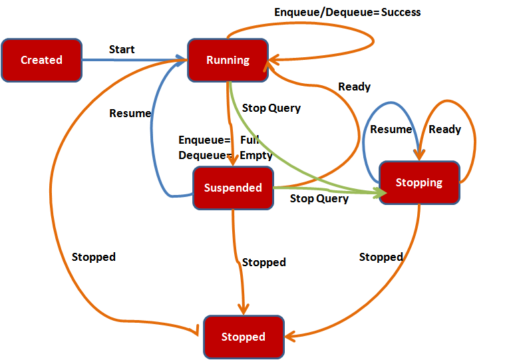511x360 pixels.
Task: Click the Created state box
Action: coord(42,60)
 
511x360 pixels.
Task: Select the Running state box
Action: coord(228,60)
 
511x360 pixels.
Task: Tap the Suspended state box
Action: coord(233,188)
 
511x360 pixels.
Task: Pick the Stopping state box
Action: coord(419,182)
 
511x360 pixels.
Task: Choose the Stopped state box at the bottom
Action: coord(244,337)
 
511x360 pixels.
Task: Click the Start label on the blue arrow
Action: coord(122,49)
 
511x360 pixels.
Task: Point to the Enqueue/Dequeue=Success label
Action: coord(347,13)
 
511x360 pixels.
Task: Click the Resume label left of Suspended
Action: coord(130,113)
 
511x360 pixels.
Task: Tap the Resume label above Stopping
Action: coord(391,129)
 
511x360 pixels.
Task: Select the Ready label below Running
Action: coord(354,87)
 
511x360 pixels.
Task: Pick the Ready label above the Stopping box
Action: coord(444,129)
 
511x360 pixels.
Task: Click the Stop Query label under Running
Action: coord(271,108)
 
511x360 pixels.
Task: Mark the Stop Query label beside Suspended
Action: coord(319,198)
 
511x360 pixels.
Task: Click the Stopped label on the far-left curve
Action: coord(94,257)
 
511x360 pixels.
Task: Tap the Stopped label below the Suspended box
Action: coord(264,262)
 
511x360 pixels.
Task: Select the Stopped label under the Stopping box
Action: coord(381,257)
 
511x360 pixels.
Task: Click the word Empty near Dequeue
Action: coord(256,155)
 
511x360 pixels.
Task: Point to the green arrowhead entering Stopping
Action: coord(381,193)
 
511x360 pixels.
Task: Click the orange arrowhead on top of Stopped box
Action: coord(244,309)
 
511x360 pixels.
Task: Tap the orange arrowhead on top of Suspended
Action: coord(233,160)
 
